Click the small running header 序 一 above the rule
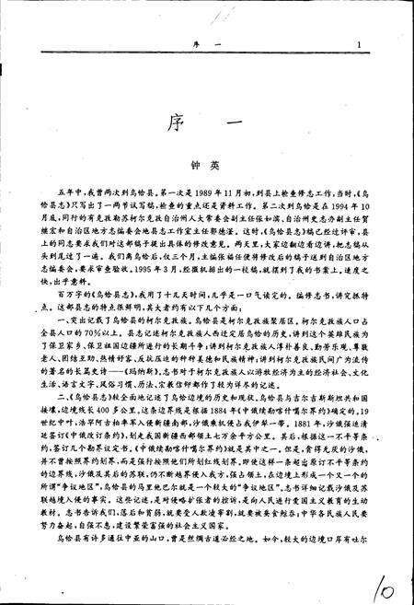203,43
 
